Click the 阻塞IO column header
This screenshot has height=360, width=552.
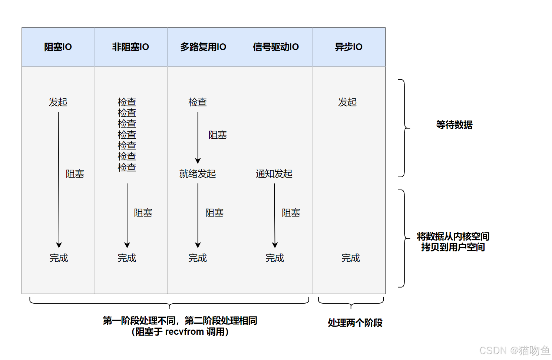[x=58, y=47]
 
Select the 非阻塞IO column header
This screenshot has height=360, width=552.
[x=130, y=47]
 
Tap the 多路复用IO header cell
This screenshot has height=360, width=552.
[x=203, y=47]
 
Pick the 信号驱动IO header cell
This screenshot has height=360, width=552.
[x=276, y=47]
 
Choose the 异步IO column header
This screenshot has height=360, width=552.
[x=348, y=47]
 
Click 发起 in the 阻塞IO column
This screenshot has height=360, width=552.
[x=58, y=102]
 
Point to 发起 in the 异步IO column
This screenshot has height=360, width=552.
[x=347, y=102]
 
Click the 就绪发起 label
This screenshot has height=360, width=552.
[x=198, y=174]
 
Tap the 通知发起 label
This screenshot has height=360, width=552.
[x=274, y=174]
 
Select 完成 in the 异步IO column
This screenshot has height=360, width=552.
[x=350, y=258]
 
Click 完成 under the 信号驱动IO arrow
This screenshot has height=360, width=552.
[x=275, y=258]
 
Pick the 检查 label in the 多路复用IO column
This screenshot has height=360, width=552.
[x=198, y=102]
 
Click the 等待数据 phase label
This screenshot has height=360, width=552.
[x=454, y=125]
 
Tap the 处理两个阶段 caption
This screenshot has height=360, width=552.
[x=355, y=323]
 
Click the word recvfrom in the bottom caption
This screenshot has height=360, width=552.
[x=184, y=331]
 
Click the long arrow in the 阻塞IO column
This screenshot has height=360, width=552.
[x=59, y=178]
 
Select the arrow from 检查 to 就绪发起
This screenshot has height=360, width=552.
[x=198, y=137]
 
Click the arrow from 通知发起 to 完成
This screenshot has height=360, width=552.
[x=275, y=215]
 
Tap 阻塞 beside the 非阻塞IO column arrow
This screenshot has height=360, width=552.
[x=143, y=212]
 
